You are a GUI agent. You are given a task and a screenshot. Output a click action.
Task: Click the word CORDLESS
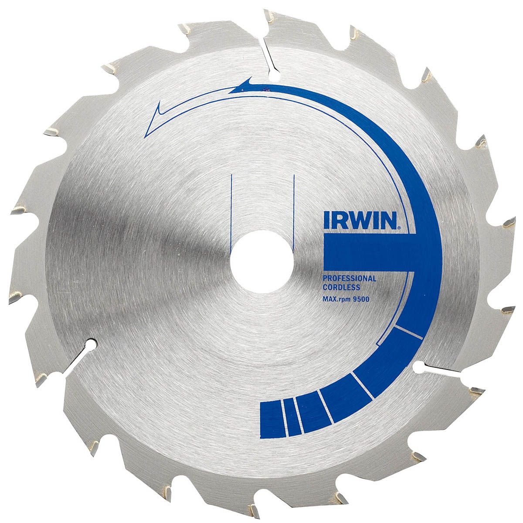coord(342,287)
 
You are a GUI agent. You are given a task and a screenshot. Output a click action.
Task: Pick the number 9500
coord(362,299)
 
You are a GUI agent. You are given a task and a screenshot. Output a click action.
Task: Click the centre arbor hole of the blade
coord(261,261)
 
